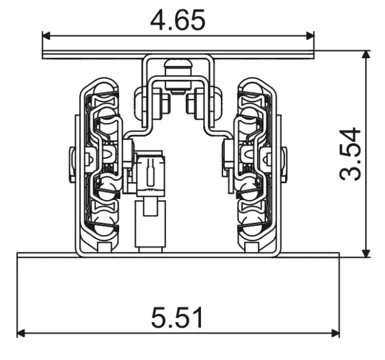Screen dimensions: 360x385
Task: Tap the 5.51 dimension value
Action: pos(177,318)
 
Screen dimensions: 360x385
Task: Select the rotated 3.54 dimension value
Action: pos(351,153)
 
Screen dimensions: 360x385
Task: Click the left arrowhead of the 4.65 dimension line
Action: pos(46,35)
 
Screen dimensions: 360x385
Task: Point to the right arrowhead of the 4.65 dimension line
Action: pos(310,35)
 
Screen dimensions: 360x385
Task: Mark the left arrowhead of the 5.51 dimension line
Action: pos(22,332)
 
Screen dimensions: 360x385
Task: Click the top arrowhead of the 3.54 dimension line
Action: pos(365,55)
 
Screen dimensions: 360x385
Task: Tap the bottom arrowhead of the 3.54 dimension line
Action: pos(365,253)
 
